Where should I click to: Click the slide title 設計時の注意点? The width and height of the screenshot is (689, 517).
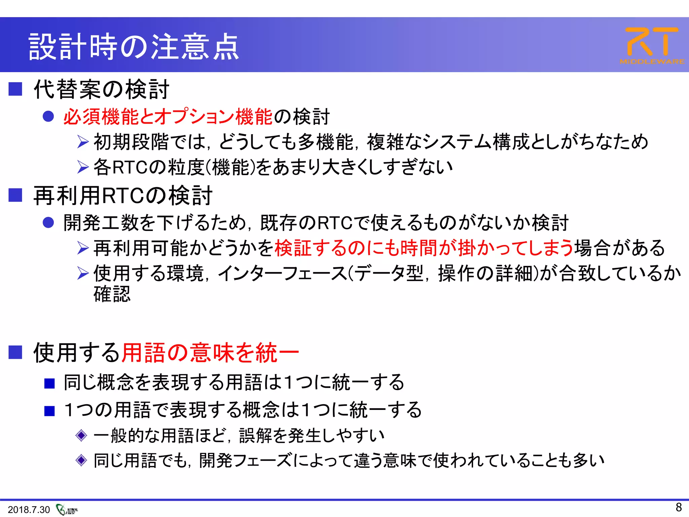(x=134, y=47)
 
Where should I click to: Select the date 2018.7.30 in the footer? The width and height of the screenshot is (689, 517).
(x=29, y=510)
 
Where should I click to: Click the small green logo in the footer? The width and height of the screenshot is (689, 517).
(x=66, y=510)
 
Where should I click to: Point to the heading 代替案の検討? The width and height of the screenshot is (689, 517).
(x=101, y=90)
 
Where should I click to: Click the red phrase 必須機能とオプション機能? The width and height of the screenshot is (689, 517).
(x=168, y=117)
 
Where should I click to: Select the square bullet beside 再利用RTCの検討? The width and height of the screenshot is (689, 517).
(x=15, y=195)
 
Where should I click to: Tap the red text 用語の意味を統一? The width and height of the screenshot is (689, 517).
(x=210, y=353)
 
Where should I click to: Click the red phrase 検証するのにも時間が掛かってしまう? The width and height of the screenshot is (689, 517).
(x=424, y=248)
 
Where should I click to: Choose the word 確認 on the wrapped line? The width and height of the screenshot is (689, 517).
(x=112, y=294)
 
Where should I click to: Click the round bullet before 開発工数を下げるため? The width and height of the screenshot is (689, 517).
(x=48, y=222)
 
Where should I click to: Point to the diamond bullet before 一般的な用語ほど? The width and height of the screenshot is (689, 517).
(x=81, y=436)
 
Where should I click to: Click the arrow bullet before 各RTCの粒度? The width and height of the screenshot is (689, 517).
(x=82, y=167)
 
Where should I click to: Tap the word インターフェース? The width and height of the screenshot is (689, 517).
(x=282, y=273)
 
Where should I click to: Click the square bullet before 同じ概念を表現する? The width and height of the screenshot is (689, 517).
(x=49, y=383)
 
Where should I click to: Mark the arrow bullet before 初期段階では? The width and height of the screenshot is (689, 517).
(x=82, y=142)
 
